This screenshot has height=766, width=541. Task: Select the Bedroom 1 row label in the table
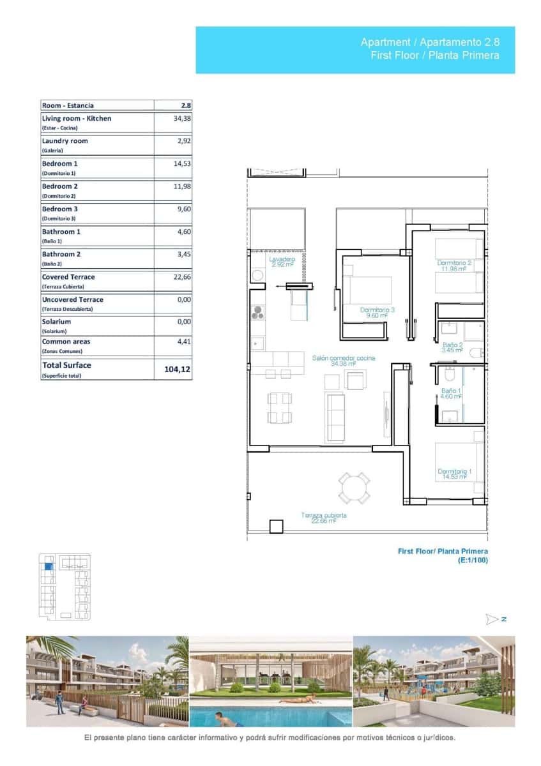pos(60,164)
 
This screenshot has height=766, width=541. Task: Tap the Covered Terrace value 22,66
pos(182,278)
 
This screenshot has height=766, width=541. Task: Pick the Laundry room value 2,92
pos(184,141)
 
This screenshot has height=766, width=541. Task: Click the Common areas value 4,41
pos(184,342)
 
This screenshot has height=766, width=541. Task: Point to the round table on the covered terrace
pos(354,488)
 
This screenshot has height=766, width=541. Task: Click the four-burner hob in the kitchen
pos(257,313)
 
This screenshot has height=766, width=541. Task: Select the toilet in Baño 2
pos(476,352)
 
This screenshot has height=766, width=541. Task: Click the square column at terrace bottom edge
pos(276,526)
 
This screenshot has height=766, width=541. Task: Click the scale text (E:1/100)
pos(473,560)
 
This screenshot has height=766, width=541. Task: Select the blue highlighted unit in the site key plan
pos(47,565)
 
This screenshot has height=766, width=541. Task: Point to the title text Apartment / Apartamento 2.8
pos(430,42)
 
